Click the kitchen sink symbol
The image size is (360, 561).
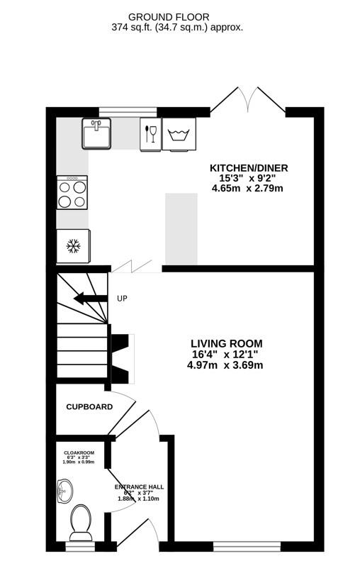[96, 133]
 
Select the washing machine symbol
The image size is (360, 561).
[179, 134]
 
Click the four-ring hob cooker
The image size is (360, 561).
[73, 193]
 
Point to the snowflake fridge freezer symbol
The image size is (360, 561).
[72, 247]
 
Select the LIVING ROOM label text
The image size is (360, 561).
[225, 343]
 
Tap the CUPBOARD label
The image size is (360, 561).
[89, 407]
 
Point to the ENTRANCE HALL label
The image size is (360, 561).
[139, 487]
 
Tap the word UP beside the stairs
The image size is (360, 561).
[122, 299]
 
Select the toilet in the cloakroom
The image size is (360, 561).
[80, 522]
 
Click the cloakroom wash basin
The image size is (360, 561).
[64, 489]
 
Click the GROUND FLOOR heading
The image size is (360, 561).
[176, 16]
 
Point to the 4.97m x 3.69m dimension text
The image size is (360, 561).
[225, 365]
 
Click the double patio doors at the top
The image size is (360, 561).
[247, 103]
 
